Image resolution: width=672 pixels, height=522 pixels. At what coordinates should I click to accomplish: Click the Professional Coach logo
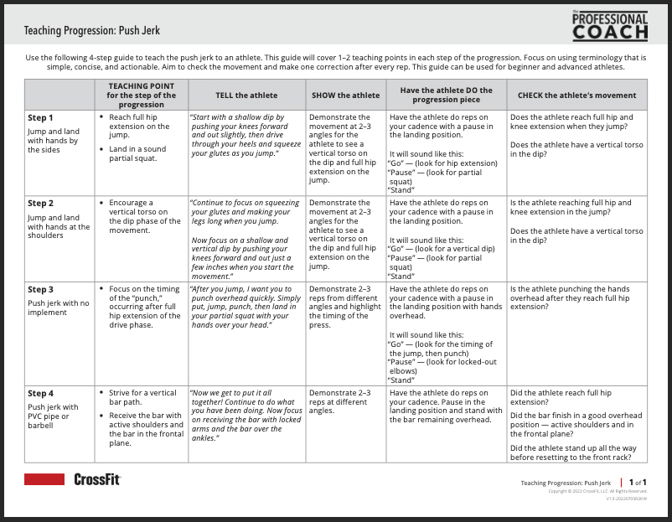[x=610, y=26]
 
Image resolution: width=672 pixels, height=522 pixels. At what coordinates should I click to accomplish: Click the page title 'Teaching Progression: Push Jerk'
[x=92, y=31]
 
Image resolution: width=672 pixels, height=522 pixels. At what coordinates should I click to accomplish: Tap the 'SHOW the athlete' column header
[x=345, y=96]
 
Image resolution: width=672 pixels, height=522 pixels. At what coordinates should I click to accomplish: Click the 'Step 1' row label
[x=40, y=118]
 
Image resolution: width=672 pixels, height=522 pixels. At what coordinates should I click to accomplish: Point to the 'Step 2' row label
[x=40, y=204]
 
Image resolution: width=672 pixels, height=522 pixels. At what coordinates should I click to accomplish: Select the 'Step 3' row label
[x=40, y=290]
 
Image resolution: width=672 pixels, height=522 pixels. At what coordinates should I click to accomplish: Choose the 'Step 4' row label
[x=40, y=393]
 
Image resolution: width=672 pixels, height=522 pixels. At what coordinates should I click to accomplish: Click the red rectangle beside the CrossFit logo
[x=44, y=479]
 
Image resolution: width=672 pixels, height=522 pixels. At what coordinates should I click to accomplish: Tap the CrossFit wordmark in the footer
[x=97, y=479]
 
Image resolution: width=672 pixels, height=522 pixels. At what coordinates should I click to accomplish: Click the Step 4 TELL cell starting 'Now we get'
[x=246, y=415]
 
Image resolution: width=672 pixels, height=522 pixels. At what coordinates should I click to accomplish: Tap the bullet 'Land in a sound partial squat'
[x=138, y=154]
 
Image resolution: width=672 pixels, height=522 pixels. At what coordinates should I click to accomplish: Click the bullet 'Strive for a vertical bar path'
[x=142, y=397]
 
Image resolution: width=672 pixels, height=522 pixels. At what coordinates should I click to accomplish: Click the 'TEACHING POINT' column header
[x=142, y=96]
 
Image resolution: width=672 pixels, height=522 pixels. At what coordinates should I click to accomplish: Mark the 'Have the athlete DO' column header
[x=446, y=96]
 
